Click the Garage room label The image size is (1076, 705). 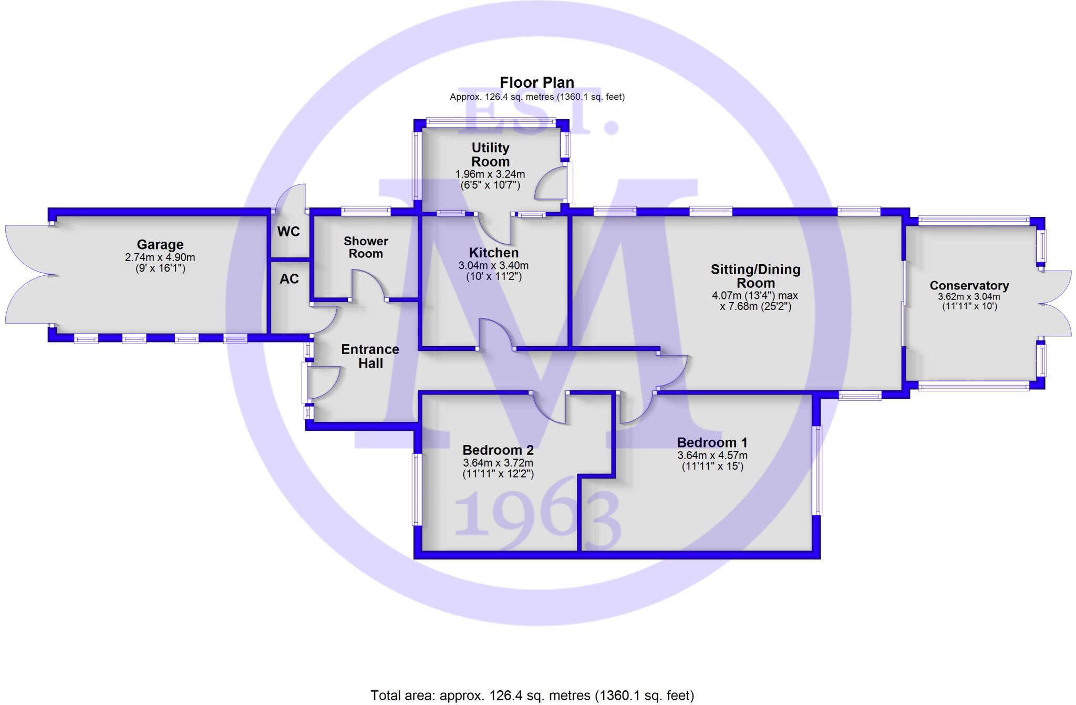160,245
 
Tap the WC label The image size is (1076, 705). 288,232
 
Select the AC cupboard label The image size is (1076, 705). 289,279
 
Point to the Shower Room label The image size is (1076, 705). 366,247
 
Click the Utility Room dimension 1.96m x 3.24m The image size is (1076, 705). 490,174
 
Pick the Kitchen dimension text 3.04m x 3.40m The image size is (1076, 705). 493,266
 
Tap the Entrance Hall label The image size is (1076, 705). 370,356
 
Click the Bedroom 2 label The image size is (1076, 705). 498,450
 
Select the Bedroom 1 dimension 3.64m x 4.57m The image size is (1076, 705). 712,455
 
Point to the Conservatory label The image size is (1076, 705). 969,286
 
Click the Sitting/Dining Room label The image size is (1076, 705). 756,276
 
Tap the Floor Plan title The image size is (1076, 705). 536,82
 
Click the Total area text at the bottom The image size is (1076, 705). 532,696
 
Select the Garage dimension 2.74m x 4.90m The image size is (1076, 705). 160,257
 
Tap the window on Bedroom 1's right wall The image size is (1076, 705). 817,470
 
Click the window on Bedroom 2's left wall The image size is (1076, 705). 415,489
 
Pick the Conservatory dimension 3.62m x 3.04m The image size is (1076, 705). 969,297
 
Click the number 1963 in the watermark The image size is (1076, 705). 537,520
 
